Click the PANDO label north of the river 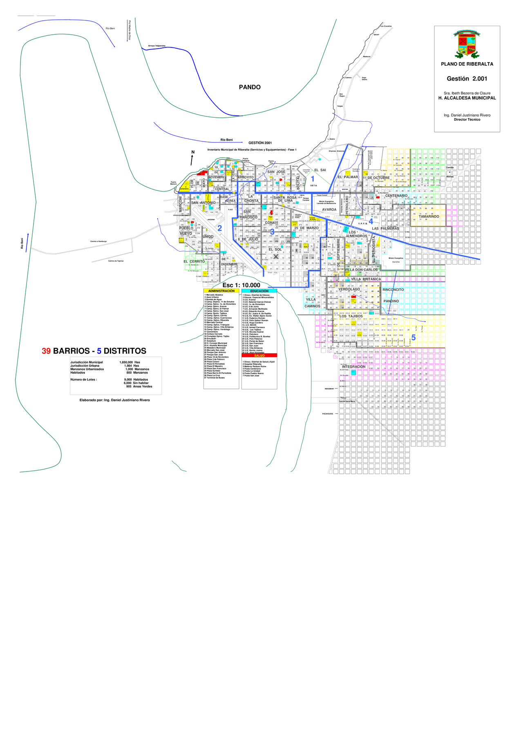click(250, 87)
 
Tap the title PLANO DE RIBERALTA click(467, 64)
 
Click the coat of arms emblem click(467, 44)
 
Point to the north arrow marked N click(192, 158)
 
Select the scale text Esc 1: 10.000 click(241, 285)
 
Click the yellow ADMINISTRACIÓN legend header click(221, 291)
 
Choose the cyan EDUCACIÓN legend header click(259, 291)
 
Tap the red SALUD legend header click(259, 355)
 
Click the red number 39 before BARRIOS click(46, 351)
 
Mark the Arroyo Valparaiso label click(156, 46)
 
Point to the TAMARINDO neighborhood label click(429, 217)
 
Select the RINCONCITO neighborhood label click(393, 290)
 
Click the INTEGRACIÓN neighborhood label click(353, 366)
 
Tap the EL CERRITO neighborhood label click(194, 261)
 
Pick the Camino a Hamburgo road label click(98, 241)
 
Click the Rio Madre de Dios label click(130, 30)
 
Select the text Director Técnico click(467, 120)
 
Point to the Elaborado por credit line click(114, 400)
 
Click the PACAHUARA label click(328, 414)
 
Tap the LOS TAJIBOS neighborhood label click(351, 316)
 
